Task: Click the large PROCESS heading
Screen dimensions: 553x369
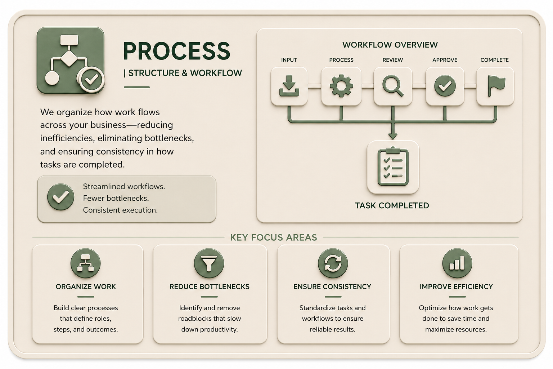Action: click(176, 51)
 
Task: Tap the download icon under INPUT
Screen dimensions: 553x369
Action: click(289, 86)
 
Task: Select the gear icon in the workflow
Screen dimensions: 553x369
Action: click(341, 86)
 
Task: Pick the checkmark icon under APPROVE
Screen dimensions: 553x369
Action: click(445, 86)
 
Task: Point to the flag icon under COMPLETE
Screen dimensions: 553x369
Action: click(496, 86)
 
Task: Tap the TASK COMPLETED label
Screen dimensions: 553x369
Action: click(392, 206)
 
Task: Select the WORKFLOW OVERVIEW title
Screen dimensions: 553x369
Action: click(390, 45)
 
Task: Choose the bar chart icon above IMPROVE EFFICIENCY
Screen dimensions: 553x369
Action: click(457, 263)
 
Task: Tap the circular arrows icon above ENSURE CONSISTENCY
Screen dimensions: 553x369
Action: click(333, 263)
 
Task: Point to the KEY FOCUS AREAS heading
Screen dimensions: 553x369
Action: click(274, 237)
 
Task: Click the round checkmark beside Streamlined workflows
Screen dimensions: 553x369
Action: click(60, 197)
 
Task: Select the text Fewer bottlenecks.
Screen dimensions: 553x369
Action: click(116, 198)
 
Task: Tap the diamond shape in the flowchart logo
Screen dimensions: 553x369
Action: click(69, 58)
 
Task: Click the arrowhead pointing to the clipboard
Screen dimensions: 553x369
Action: click(393, 136)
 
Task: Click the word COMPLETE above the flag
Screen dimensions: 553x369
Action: click(494, 60)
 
